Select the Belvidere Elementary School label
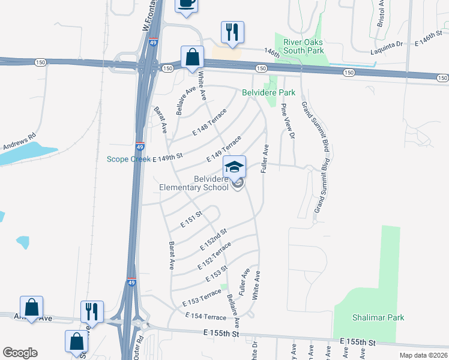pyautogui.click(x=194, y=183)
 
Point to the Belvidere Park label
pyautogui.click(x=268, y=93)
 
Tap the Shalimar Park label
pyautogui.click(x=378, y=317)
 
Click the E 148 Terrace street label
pyautogui.click(x=209, y=122)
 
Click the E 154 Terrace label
pyautogui.click(x=205, y=316)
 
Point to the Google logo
pyautogui.click(x=20, y=353)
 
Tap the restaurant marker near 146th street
pyautogui.click(x=232, y=32)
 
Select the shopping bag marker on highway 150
pyautogui.click(x=193, y=58)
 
